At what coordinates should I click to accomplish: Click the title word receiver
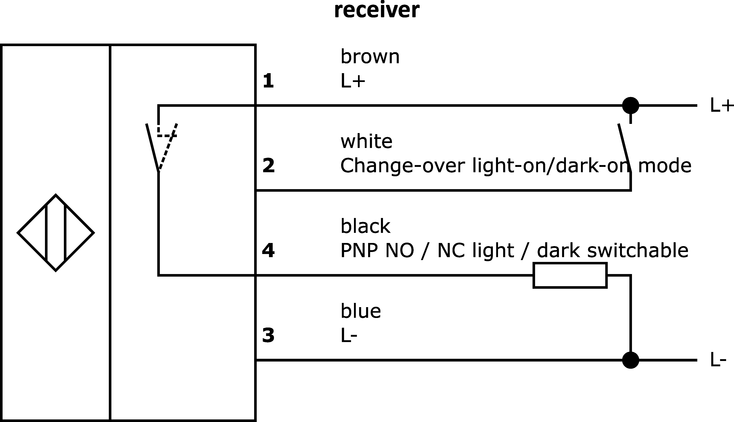point(377,10)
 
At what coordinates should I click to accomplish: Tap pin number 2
point(268,165)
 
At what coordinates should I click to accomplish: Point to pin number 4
point(268,250)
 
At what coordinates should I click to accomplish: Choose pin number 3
point(268,335)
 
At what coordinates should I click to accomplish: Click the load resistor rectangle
point(570,275)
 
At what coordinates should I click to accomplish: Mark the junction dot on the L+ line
point(631,105)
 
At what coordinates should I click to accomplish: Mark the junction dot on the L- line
point(631,360)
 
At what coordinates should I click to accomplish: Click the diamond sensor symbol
point(56,233)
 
